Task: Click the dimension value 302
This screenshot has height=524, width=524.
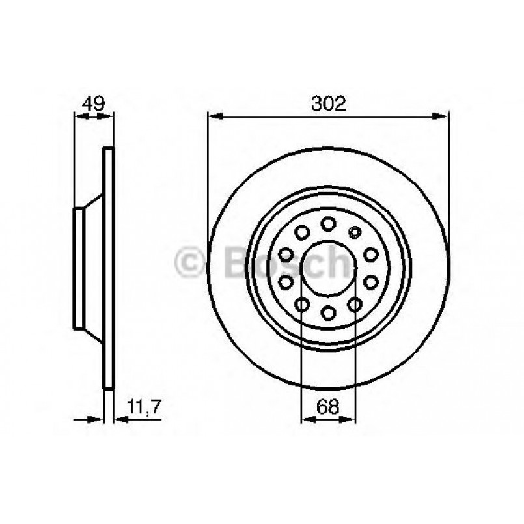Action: coord(328,103)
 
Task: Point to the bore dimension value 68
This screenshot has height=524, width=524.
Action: coord(329,407)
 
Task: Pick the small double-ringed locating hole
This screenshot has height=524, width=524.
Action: coord(355,230)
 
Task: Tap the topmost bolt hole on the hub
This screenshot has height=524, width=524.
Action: coord(329,224)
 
